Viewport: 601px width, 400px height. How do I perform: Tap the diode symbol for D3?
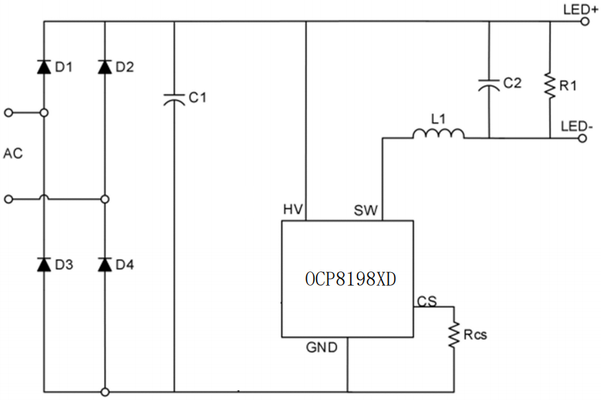click(x=44, y=265)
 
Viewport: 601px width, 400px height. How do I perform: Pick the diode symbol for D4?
click(x=104, y=265)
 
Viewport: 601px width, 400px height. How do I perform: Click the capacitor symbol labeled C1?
click(x=175, y=98)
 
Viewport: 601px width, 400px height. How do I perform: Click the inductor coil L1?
click(x=438, y=135)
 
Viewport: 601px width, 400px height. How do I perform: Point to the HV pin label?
click(x=293, y=209)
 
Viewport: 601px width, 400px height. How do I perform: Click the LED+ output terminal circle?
click(x=584, y=22)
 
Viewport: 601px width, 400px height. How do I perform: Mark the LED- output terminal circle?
click(x=584, y=138)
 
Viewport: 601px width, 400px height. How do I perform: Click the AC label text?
click(x=14, y=153)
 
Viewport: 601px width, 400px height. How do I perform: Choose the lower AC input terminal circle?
click(x=8, y=200)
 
